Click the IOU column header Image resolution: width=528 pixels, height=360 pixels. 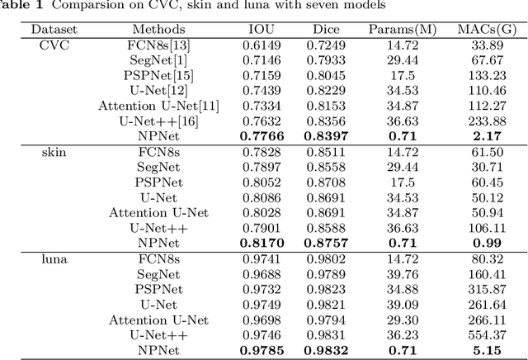click(x=262, y=29)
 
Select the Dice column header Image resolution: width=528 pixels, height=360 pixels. click(x=327, y=29)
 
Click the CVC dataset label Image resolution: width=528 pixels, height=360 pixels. click(x=54, y=45)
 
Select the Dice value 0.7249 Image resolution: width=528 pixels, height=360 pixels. click(x=327, y=45)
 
